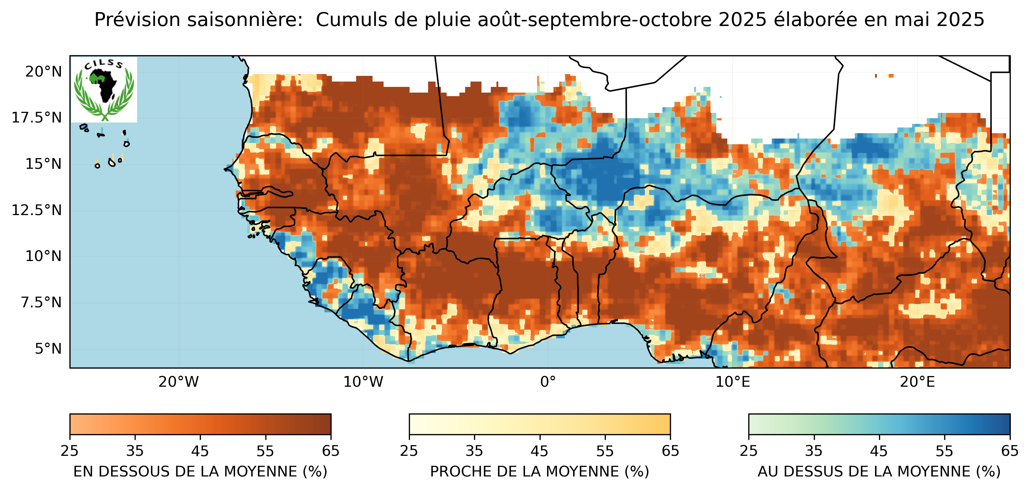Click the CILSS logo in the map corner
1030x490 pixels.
(x=104, y=89)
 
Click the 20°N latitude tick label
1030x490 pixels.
(x=43, y=72)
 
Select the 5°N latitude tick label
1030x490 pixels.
(x=48, y=349)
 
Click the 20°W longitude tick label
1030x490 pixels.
(x=178, y=382)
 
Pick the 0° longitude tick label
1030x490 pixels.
(x=548, y=382)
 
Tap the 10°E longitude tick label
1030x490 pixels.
(x=733, y=382)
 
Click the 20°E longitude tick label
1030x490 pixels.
(x=917, y=382)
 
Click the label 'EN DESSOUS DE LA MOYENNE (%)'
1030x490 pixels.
(x=200, y=472)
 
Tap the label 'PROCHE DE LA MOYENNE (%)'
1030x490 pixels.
(x=539, y=472)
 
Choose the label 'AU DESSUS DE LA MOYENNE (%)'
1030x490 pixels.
(x=879, y=472)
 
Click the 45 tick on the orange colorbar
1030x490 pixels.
(x=200, y=451)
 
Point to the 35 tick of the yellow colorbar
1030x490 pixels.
(x=474, y=451)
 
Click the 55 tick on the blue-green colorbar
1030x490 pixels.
(x=944, y=451)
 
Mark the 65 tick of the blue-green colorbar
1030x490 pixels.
(x=1009, y=451)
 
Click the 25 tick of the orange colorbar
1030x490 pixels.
(x=69, y=451)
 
